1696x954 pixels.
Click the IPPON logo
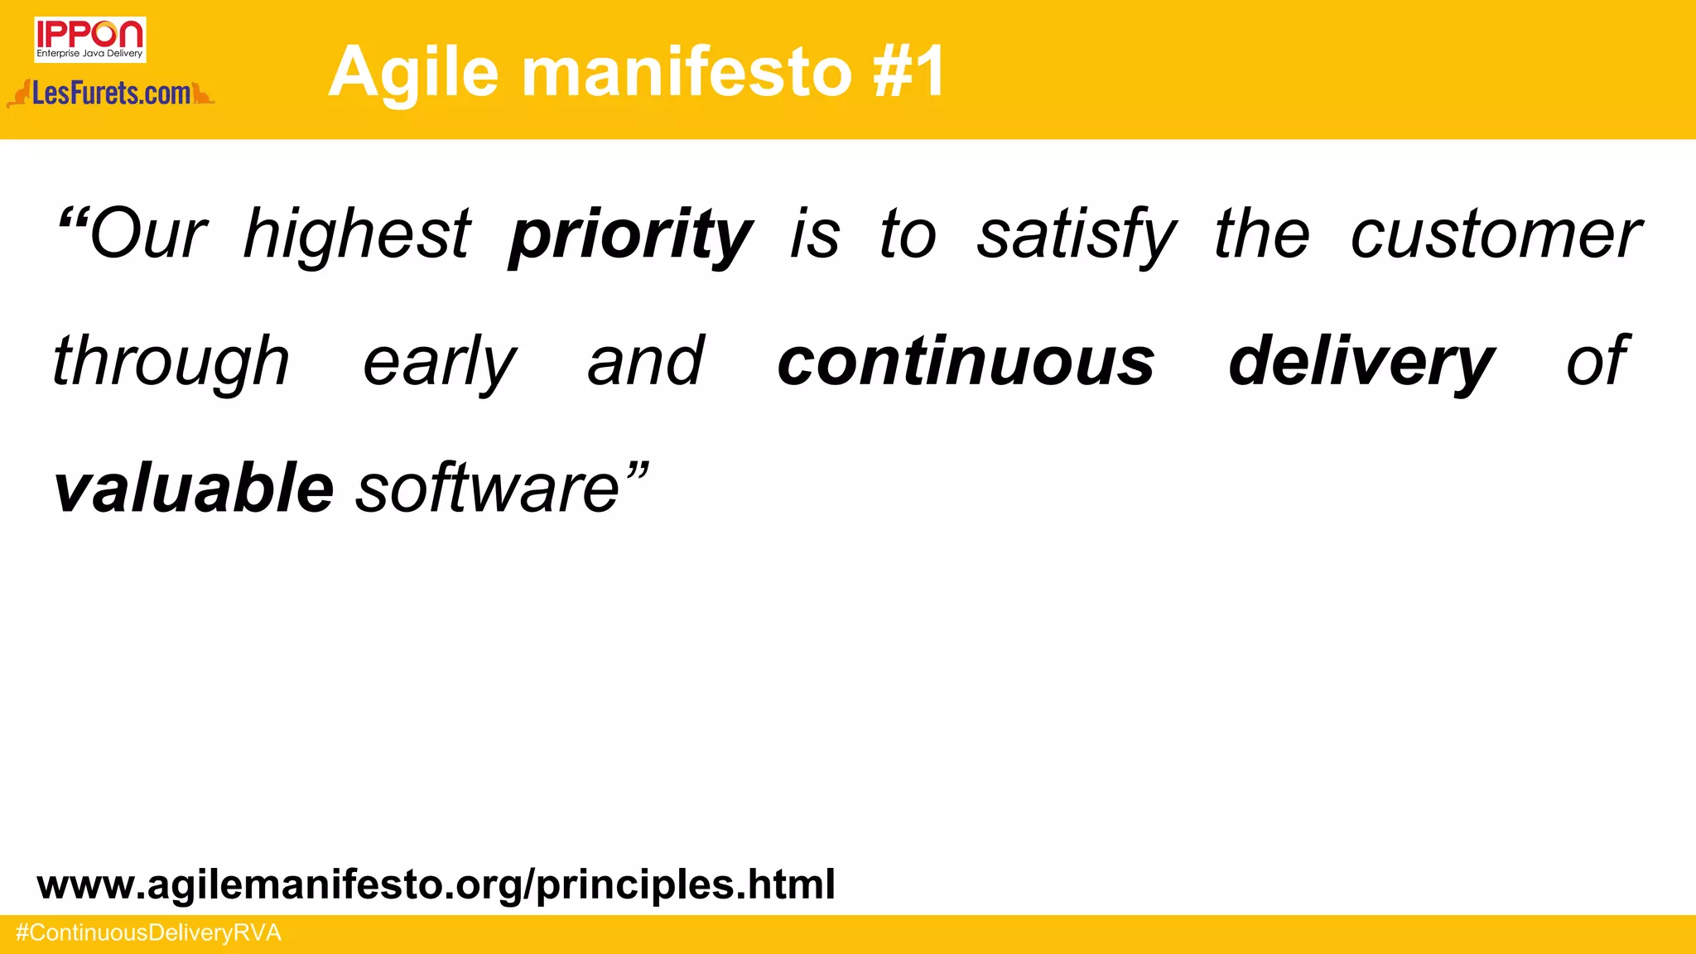(x=90, y=39)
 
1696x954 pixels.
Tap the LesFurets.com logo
(x=111, y=94)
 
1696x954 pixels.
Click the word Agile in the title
(x=413, y=73)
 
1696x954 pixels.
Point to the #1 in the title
(x=908, y=73)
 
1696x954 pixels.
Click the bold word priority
(x=630, y=236)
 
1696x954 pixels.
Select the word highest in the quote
(x=357, y=234)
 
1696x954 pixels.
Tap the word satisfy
(x=1076, y=236)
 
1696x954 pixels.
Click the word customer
(x=1496, y=236)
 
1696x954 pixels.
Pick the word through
(x=171, y=363)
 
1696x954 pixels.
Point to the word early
(x=440, y=363)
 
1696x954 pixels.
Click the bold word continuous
(x=966, y=363)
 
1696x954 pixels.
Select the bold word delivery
(x=1361, y=363)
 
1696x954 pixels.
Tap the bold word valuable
(x=194, y=489)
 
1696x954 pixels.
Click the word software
(x=489, y=489)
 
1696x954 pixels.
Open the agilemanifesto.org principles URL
(x=436, y=884)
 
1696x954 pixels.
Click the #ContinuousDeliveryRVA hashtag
(x=149, y=933)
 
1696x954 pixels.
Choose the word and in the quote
(x=646, y=363)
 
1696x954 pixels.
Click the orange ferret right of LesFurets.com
(x=203, y=94)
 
